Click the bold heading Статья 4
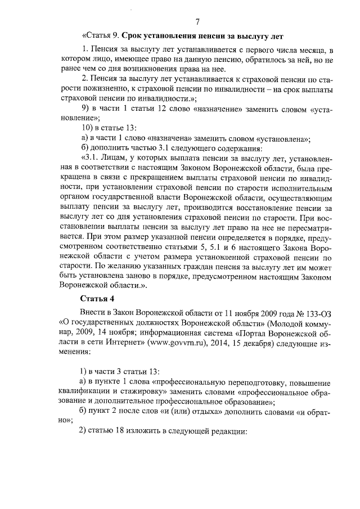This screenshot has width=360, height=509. pyautogui.click(x=97, y=298)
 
